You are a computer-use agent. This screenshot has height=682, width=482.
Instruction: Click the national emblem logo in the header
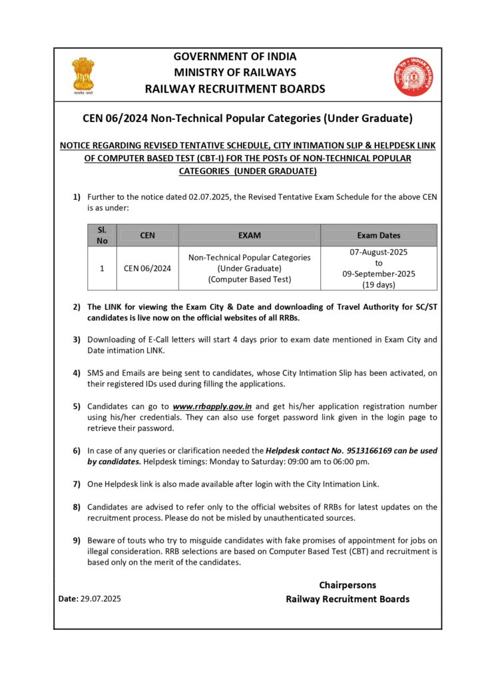pos(83,75)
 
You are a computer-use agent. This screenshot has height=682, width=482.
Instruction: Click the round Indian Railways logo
pos(413,77)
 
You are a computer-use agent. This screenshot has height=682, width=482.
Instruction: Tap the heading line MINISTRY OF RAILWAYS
pos(235,72)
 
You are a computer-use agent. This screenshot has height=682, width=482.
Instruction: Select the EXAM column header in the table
pos(249,235)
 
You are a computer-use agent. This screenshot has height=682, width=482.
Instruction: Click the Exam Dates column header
pos(379,235)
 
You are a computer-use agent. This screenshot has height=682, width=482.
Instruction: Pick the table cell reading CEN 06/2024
pos(147,268)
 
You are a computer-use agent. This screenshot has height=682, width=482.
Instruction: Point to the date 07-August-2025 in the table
pos(379,252)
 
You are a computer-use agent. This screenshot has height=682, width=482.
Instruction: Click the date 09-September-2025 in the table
pos(379,274)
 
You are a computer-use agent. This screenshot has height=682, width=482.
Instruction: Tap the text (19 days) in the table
pos(379,284)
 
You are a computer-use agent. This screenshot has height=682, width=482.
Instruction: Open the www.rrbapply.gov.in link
pos(212,406)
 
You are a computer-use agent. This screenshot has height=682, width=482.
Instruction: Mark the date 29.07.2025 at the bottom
pos(100,599)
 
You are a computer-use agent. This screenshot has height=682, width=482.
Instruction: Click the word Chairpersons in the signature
pos(347,585)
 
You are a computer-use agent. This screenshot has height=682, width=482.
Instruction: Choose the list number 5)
pos(77,406)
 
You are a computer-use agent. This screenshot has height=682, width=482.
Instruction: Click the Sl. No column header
pos(102,235)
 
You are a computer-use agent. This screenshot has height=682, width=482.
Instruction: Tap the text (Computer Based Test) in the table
pos(249,279)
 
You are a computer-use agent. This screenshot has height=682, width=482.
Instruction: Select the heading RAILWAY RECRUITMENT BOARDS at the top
pos(235,89)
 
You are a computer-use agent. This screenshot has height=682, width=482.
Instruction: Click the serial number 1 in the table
pos(102,268)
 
